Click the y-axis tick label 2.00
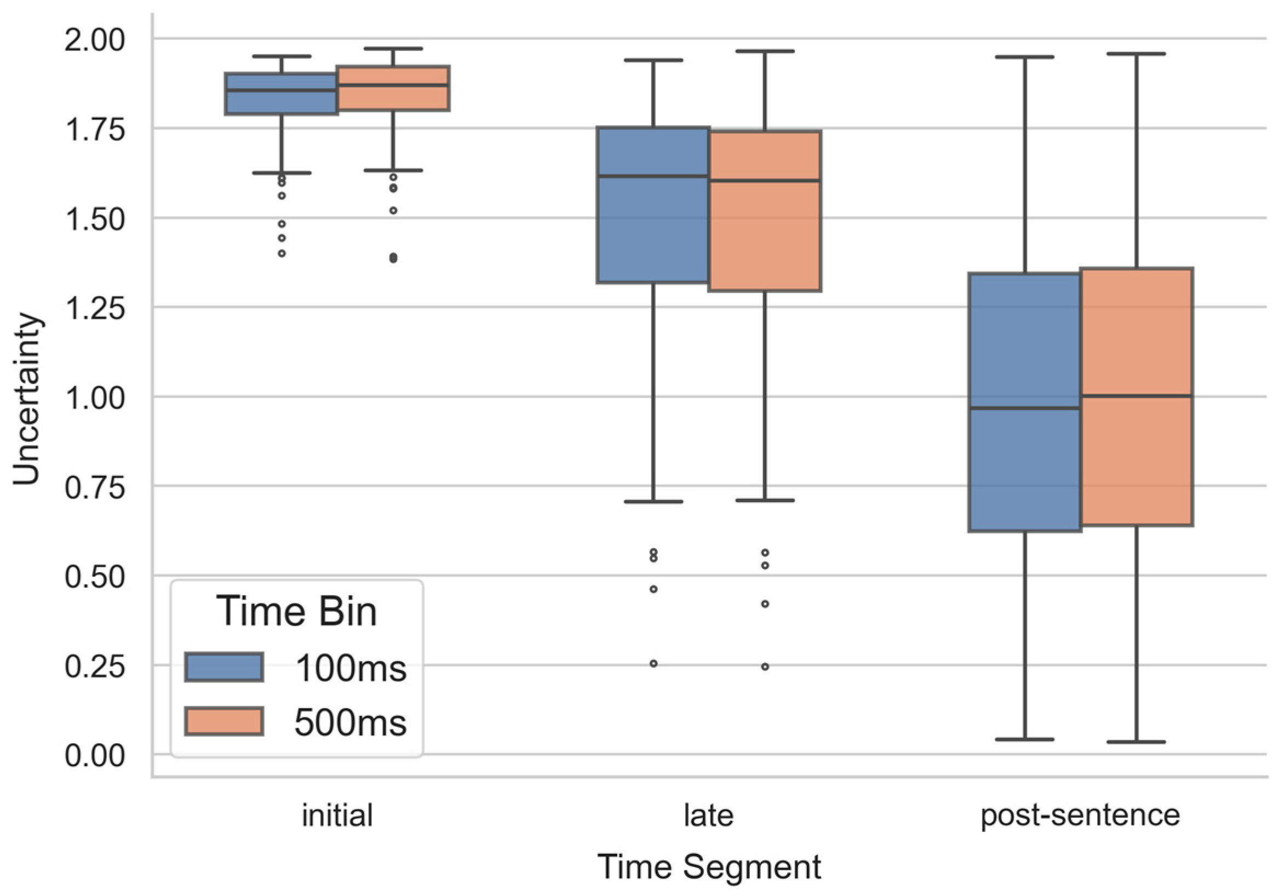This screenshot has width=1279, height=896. [x=94, y=41]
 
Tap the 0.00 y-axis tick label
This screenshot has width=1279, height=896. [x=94, y=756]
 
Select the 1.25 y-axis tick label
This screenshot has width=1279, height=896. [x=94, y=308]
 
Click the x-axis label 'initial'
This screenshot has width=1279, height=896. [x=337, y=815]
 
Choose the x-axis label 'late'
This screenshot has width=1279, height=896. [x=709, y=815]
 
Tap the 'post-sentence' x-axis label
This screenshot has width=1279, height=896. [x=1080, y=815]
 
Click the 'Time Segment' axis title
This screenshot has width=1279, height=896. [x=709, y=867]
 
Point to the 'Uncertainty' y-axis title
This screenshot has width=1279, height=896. [x=27, y=399]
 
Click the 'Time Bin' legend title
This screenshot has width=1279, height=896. [x=296, y=611]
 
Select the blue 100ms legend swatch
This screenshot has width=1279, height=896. [x=224, y=667]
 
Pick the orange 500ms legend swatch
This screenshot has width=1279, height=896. [x=224, y=722]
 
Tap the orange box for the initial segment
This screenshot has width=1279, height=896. [x=393, y=97]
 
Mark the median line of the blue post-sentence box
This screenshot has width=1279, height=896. [x=1024, y=408]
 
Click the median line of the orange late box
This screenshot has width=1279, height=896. [x=765, y=180]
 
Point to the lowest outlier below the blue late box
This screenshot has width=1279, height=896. [x=653, y=664]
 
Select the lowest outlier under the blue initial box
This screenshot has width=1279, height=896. [x=282, y=254]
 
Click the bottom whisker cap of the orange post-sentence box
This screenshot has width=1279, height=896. [x=1136, y=742]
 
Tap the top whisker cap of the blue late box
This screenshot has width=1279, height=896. [x=653, y=60]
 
